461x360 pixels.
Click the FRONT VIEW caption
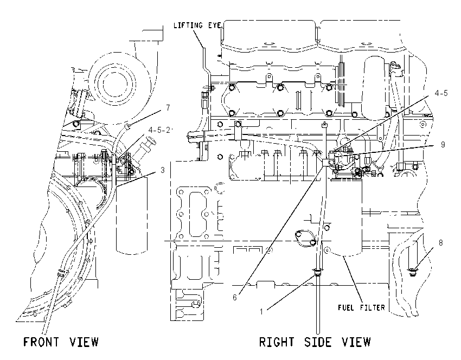pyautogui.click(x=61, y=342)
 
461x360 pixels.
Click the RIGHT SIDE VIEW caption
pyautogui.click(x=315, y=342)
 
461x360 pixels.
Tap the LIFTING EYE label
pyautogui.click(x=197, y=25)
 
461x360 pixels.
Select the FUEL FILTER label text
pyautogui.click(x=361, y=308)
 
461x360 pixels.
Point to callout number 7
pyautogui.click(x=168, y=108)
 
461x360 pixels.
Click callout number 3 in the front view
pyautogui.click(x=163, y=170)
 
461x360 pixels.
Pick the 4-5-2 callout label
pyautogui.click(x=159, y=130)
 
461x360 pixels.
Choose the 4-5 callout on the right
pyautogui.click(x=441, y=93)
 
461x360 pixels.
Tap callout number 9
pyautogui.click(x=443, y=145)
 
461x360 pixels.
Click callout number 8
pyautogui.click(x=441, y=243)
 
